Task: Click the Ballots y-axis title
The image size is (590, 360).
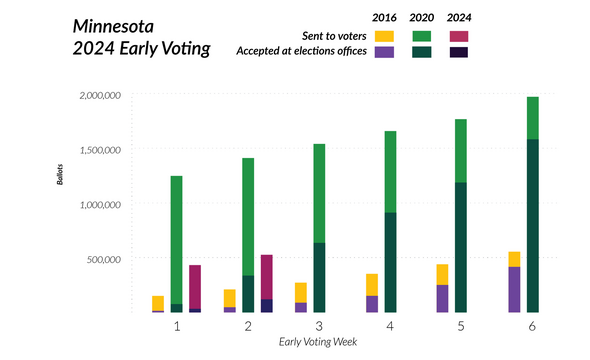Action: coord(58,185)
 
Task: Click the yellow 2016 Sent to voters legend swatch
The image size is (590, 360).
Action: coord(384,36)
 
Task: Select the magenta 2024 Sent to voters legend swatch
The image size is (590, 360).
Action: coord(460,36)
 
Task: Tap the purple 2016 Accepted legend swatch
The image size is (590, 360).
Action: coord(384,52)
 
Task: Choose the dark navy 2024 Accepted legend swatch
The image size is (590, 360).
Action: coord(460,52)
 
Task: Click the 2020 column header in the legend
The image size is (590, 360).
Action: coord(422,18)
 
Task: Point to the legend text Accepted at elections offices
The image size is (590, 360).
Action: coord(299,52)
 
